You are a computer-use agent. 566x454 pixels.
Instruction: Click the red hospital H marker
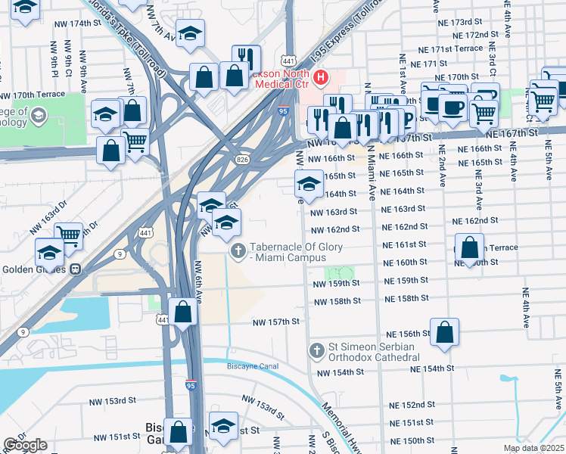coord(322,77)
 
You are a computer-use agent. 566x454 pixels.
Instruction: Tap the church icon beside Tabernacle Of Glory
coord(238,251)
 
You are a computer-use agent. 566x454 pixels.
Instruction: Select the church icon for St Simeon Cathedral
coord(317,350)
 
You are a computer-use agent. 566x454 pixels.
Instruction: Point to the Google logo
coord(25,445)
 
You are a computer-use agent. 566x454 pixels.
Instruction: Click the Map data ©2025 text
coord(533,448)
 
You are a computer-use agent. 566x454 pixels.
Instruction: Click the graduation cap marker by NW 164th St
coord(308,182)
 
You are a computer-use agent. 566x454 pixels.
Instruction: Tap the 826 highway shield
coord(241,160)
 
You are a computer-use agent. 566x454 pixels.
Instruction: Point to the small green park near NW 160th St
coord(340,272)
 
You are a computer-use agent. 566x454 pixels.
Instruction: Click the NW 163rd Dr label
coord(45,220)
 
